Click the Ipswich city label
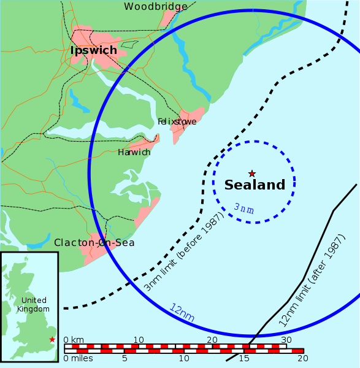93,50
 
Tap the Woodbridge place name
156,7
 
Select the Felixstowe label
177,121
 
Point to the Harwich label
134,152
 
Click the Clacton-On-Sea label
94,243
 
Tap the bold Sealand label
255,185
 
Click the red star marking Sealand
251,174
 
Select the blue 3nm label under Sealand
243,209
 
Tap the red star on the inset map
52,339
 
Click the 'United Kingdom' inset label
34,304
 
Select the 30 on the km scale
286,340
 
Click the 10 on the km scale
139,340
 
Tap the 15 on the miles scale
243,358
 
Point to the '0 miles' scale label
79,358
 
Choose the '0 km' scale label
74,340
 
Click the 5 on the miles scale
124,358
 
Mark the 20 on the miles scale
301,358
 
